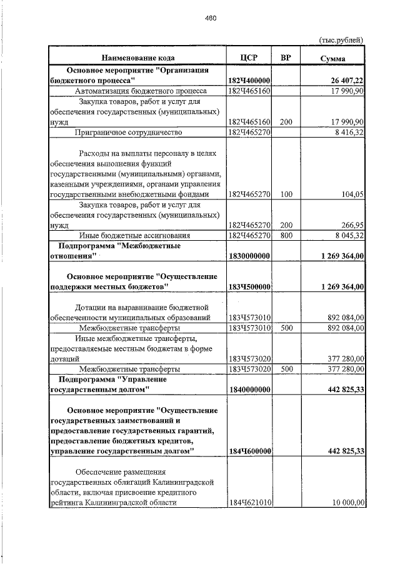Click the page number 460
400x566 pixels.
(x=211, y=18)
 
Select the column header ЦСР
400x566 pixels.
(x=249, y=58)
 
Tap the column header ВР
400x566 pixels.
(x=286, y=58)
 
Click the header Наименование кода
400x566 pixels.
(x=137, y=58)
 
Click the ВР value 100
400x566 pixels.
(x=286, y=195)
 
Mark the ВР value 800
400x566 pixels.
(x=286, y=235)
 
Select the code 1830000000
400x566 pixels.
(x=249, y=256)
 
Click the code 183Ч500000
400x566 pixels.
(x=249, y=286)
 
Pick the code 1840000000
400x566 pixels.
(x=249, y=390)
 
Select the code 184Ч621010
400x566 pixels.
(x=249, y=503)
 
